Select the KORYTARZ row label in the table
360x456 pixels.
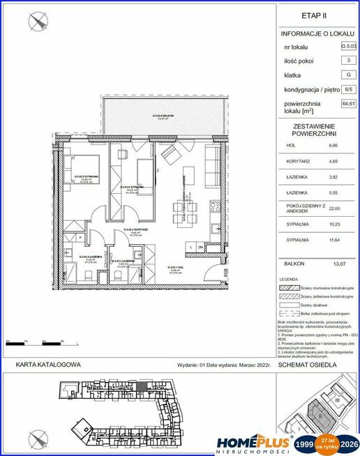(x=296, y=162)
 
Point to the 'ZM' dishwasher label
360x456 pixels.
(x=201, y=247)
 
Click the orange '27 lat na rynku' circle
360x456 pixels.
(x=326, y=443)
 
